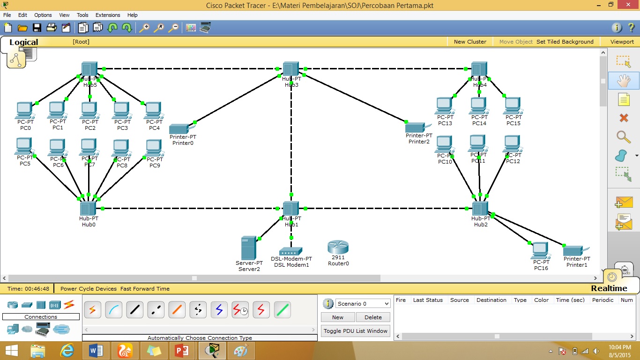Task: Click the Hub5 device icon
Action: [x=89, y=69]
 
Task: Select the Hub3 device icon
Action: [x=291, y=69]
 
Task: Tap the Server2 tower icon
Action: [x=248, y=247]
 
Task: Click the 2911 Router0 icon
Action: [x=338, y=247]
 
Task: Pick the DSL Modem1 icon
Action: [x=291, y=251]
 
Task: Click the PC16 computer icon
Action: [x=540, y=250]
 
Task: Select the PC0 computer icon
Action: [x=24, y=111]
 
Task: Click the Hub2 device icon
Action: [x=480, y=209]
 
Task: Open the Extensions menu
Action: [x=108, y=15]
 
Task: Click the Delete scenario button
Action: [x=373, y=317]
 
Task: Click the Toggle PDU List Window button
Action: [x=356, y=331]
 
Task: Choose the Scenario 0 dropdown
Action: [x=363, y=304]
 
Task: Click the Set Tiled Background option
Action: [x=565, y=42]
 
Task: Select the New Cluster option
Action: [x=470, y=42]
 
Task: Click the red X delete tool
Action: [x=623, y=118]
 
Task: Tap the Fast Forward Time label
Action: [x=145, y=289]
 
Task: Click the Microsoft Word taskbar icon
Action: [x=96, y=351]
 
